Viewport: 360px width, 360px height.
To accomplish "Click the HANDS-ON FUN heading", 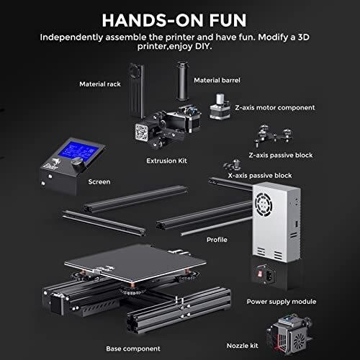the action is coord(174,20).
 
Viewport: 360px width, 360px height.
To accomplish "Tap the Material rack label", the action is coord(100,84).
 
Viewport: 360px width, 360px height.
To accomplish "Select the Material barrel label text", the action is coord(217,81).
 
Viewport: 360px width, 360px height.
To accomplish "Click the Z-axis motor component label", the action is coord(275,108).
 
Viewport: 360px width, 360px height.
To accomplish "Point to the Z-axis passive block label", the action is coord(281,156).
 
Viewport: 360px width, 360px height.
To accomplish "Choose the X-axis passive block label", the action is coord(260,176).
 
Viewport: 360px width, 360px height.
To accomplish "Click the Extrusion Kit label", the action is coord(166,161).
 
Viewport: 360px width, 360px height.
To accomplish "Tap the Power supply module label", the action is coord(282,302).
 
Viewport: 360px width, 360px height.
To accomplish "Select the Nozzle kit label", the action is coord(242,346).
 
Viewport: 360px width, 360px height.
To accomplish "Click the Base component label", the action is coord(133,348).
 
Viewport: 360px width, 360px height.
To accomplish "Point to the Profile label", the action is coord(217,240).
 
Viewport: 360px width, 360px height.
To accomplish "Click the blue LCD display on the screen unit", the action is coord(78,152).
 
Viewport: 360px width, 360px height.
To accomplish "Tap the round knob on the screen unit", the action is coord(77,163).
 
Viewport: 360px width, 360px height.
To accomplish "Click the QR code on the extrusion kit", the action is coord(142,132).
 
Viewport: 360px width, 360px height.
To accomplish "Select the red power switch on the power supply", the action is coord(260,274).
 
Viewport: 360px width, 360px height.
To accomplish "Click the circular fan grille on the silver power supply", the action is coord(264,204).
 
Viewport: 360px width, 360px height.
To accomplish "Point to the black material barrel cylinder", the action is coord(182,81).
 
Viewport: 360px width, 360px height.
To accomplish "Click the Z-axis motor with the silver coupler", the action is coord(220,107).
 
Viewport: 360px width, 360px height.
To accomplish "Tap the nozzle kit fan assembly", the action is coord(290,336).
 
